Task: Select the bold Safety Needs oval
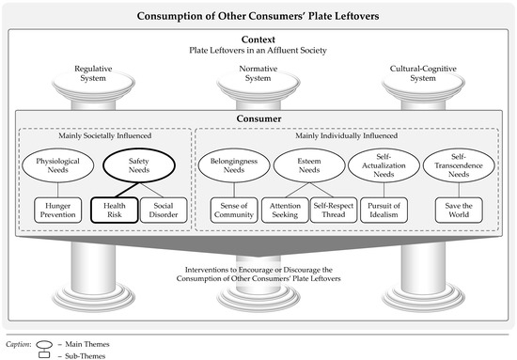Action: pyautogui.click(x=140, y=166)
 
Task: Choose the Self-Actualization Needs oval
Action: pyautogui.click(x=384, y=166)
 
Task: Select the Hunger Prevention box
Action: pyautogui.click(x=63, y=210)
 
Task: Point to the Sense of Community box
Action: pyautogui.click(x=234, y=210)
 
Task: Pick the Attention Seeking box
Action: pyautogui.click(x=288, y=210)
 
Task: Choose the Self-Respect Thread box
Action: pyautogui.click(x=334, y=210)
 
